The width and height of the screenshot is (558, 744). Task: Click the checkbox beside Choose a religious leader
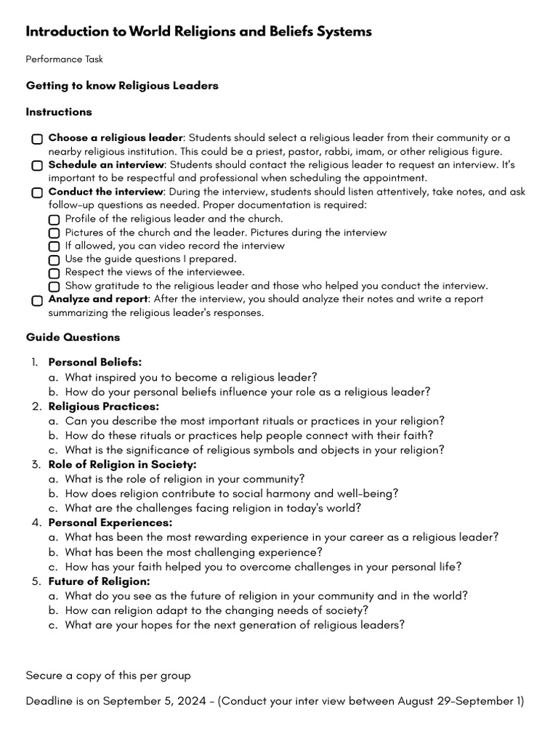click(37, 139)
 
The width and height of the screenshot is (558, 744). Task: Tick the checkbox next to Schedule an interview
click(37, 166)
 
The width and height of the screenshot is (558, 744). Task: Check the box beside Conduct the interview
click(37, 193)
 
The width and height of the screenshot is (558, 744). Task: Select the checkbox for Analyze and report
click(37, 300)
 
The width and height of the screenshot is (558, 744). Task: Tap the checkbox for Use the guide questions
click(54, 259)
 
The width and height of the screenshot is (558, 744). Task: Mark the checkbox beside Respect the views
click(54, 273)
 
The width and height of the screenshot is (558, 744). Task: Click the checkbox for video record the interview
click(54, 246)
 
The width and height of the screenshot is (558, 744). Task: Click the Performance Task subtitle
click(64, 59)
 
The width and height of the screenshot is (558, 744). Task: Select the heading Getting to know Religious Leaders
click(122, 86)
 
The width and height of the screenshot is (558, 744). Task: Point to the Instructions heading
click(59, 112)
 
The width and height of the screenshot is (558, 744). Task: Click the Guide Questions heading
click(73, 337)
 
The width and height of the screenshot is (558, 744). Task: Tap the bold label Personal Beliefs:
click(94, 362)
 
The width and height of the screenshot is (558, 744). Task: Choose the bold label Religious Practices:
click(103, 406)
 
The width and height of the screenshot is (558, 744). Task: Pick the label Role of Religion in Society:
click(122, 464)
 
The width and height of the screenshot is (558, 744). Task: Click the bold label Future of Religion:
click(99, 581)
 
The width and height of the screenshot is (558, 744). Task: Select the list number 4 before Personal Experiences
click(36, 522)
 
